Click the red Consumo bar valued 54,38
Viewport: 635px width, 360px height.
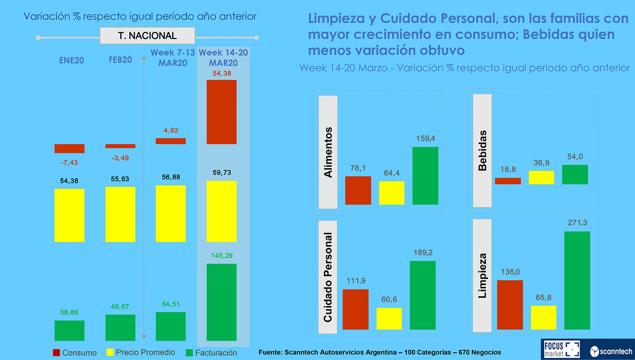point(221,112)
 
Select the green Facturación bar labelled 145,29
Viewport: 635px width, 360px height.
point(221,302)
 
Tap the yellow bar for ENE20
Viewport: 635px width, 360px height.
point(69,215)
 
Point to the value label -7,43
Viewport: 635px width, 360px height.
point(69,163)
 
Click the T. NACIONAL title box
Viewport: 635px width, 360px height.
point(147,36)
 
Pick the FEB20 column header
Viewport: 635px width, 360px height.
point(120,60)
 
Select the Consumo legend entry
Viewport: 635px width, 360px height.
point(75,352)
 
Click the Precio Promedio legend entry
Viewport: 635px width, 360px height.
point(141,352)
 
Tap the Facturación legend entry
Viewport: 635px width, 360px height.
point(211,352)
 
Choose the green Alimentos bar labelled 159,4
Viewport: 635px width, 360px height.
point(425,176)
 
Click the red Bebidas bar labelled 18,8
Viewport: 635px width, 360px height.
point(508,181)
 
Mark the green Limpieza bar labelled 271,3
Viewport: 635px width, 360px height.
point(577,280)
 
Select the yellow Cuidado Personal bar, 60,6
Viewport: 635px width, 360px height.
point(389,318)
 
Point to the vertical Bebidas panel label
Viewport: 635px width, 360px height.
point(482,150)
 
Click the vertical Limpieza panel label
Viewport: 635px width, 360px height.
point(482,276)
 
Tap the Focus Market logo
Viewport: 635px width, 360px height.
point(561,349)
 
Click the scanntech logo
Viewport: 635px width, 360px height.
point(611,351)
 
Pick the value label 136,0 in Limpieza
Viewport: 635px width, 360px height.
point(510,272)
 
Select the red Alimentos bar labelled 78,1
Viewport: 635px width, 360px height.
point(358,190)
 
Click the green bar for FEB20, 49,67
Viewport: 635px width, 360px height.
point(120,327)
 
